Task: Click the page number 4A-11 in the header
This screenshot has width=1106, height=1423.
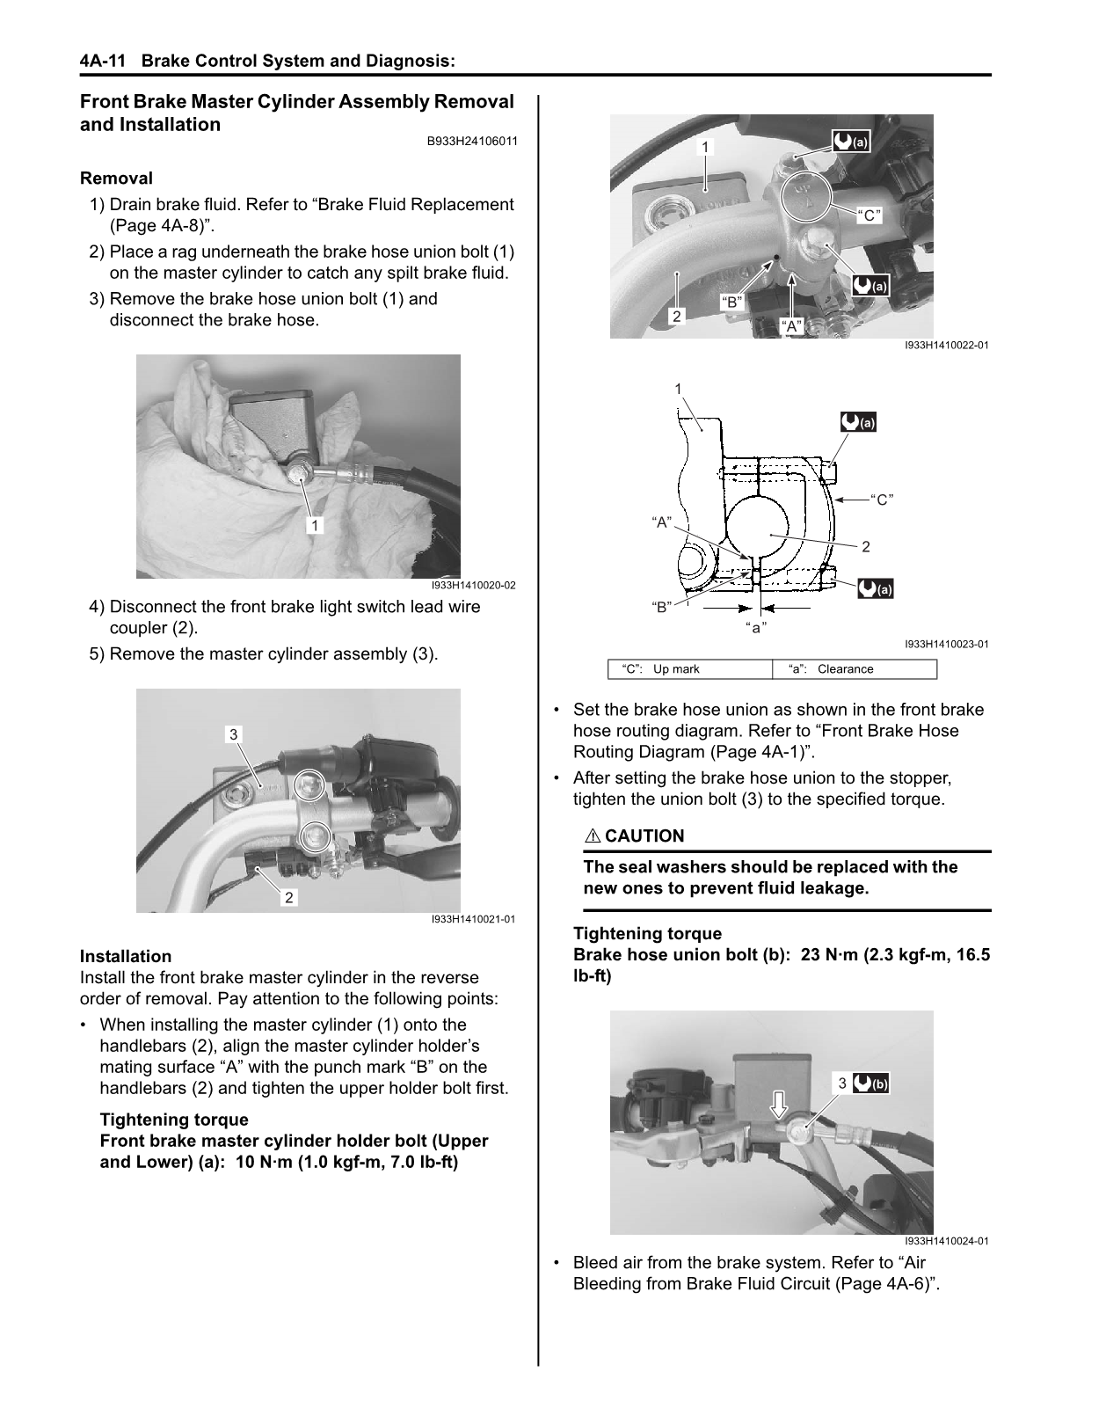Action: (102, 62)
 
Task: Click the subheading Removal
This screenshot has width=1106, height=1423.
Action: (116, 179)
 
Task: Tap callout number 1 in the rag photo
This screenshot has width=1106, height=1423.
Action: (314, 525)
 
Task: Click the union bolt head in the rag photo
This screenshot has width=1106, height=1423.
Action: (297, 475)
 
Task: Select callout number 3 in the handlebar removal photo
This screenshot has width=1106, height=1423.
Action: (233, 734)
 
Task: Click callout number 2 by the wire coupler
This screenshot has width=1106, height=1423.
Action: (288, 897)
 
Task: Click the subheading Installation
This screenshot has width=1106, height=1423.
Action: (126, 956)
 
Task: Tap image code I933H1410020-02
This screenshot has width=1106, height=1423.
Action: (473, 585)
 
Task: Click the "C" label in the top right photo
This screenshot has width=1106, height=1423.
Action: (869, 215)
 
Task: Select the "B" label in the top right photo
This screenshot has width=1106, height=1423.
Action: (731, 303)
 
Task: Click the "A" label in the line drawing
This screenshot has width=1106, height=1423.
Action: (661, 522)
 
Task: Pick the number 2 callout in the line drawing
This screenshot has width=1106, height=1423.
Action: (865, 547)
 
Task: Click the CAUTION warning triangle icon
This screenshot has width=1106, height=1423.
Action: (593, 836)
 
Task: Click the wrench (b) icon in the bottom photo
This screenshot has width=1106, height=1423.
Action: (871, 1084)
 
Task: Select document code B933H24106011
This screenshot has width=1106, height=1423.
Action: (470, 141)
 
